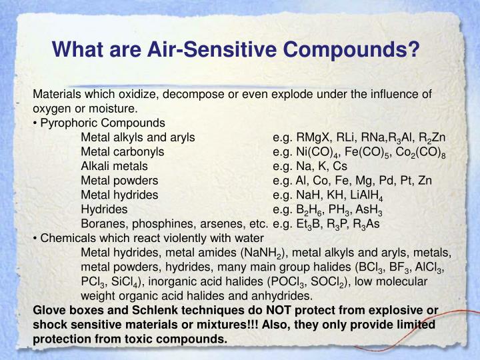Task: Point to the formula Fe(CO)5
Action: pos(374,152)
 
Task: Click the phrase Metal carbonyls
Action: pos(123,152)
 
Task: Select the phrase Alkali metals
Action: pos(114,166)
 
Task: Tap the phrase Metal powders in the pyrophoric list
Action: pos(119,181)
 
